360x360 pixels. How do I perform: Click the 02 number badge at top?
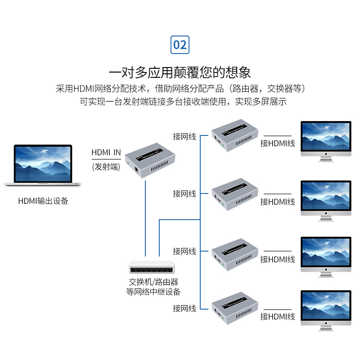tap(180, 45)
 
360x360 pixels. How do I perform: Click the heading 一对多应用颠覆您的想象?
tap(180, 72)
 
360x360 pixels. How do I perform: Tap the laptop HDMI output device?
tap(44, 165)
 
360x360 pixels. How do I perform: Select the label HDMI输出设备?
tap(43, 201)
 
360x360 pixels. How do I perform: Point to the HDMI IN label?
tap(106, 153)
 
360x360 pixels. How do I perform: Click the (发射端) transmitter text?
tap(106, 166)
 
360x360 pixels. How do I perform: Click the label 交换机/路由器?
tap(153, 282)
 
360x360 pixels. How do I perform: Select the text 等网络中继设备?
tap(153, 292)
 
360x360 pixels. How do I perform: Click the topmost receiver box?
tap(234, 135)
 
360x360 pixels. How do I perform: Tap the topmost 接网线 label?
tap(184, 136)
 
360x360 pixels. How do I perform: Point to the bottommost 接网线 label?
tap(184, 309)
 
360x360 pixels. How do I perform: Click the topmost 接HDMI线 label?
tap(278, 144)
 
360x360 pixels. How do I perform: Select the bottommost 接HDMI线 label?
tap(278, 317)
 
